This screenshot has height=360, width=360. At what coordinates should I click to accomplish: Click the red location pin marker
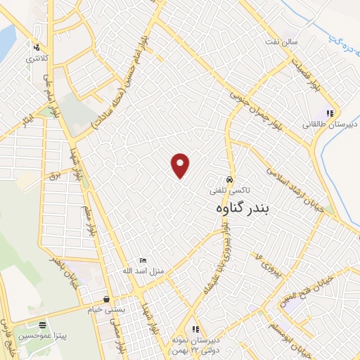[x=181, y=165]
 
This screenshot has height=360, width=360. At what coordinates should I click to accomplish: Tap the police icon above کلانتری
[x=37, y=48]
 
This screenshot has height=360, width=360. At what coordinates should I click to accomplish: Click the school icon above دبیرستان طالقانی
[x=330, y=113]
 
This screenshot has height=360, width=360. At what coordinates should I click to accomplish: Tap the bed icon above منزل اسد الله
[x=143, y=260]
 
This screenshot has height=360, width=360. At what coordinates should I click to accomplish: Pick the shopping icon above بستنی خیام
[x=106, y=299]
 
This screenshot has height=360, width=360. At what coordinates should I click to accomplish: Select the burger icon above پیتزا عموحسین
[x=44, y=326]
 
